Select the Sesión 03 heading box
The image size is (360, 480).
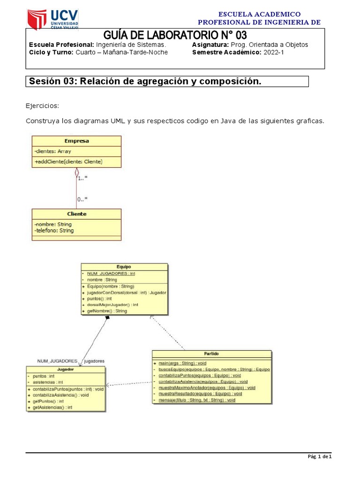(167, 82)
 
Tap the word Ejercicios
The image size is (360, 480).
(43, 105)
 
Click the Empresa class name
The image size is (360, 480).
(76, 141)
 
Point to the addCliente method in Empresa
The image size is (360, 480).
(68, 162)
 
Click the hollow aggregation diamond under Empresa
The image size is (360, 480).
(76, 172)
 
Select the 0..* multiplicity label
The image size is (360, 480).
(82, 199)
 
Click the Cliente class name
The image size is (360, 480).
(76, 214)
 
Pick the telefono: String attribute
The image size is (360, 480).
(54, 231)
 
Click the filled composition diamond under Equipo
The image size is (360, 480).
(107, 318)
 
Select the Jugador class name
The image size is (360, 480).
(66, 369)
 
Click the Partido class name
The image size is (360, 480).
(211, 353)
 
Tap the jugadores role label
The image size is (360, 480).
(94, 361)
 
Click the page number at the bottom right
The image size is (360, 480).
(320, 457)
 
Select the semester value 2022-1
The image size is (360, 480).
(274, 52)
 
